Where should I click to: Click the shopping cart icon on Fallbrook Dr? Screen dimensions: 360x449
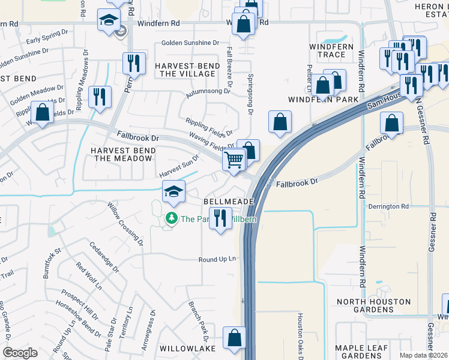(x=233, y=160)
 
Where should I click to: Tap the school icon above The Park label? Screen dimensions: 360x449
(x=173, y=192)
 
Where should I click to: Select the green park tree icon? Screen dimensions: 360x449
(x=172, y=218)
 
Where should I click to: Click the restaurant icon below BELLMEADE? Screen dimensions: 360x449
(x=220, y=218)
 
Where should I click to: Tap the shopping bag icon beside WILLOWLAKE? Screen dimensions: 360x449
(x=234, y=337)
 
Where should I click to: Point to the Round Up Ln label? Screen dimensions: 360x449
(x=218, y=259)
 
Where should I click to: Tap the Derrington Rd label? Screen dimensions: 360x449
(x=389, y=206)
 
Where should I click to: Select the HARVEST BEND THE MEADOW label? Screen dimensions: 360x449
(x=121, y=154)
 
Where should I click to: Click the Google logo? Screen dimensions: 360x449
(x=20, y=353)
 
